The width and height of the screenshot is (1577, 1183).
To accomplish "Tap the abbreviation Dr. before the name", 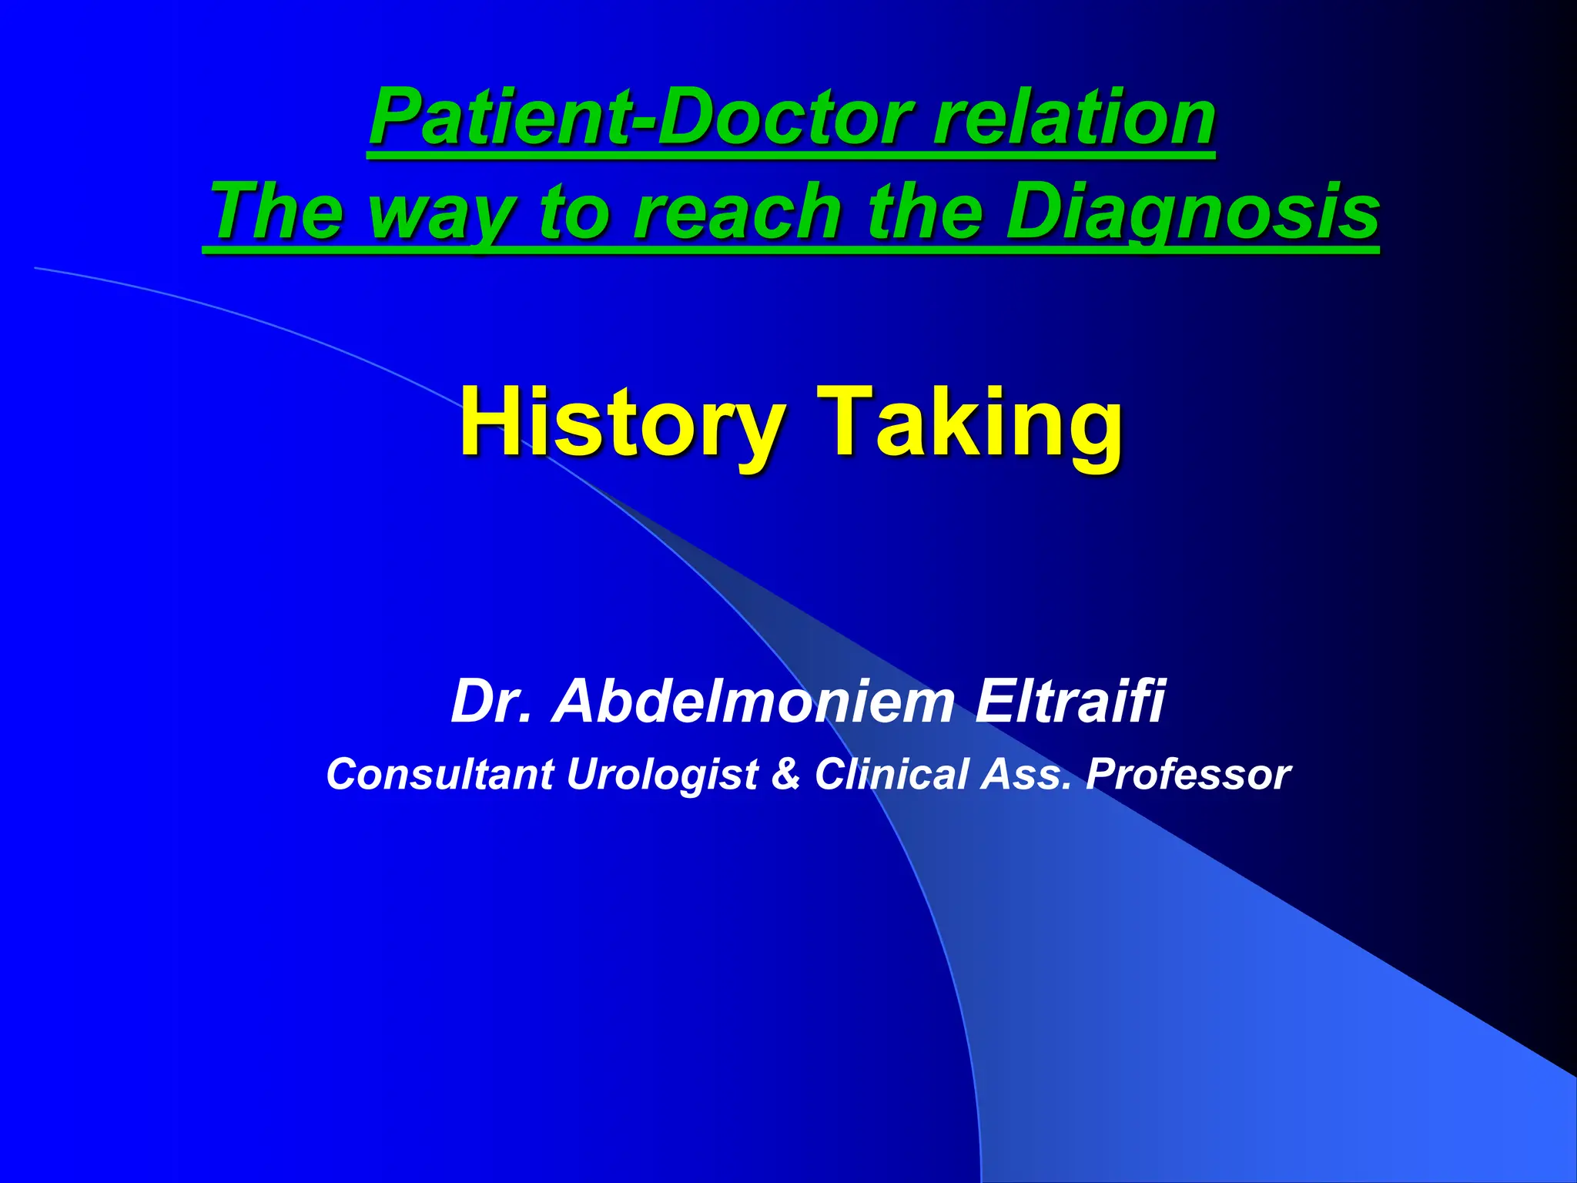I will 491,701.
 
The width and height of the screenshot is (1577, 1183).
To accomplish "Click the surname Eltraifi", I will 1070,701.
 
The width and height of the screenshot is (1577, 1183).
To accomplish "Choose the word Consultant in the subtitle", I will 440,773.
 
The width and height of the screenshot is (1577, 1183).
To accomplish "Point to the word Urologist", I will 663,775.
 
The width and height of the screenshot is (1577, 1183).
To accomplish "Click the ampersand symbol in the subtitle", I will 786,773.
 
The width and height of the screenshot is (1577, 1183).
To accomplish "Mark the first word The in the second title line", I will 277,211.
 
